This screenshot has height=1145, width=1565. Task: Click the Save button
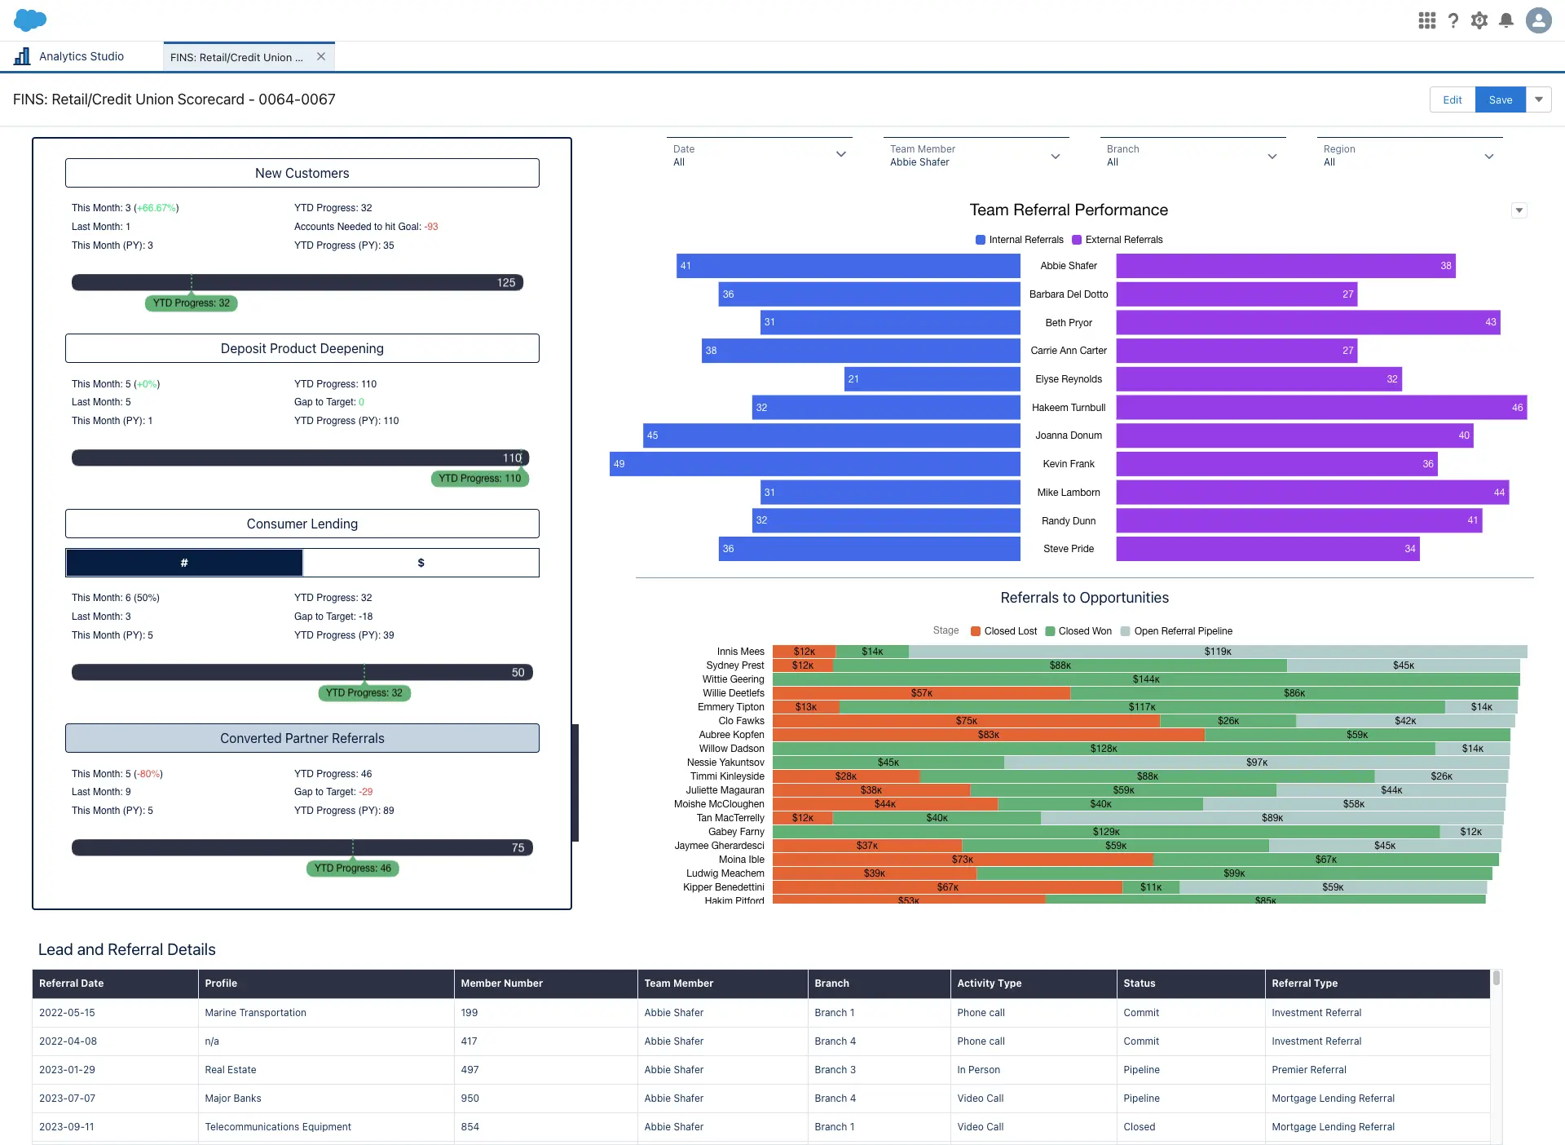(x=1500, y=99)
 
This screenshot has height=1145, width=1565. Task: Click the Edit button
(x=1452, y=99)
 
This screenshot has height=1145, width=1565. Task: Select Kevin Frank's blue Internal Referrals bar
(x=815, y=464)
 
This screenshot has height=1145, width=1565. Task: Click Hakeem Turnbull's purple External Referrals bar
(x=1320, y=408)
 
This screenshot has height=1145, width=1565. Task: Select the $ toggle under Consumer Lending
(x=421, y=563)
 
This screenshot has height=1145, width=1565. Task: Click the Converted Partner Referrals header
(x=302, y=738)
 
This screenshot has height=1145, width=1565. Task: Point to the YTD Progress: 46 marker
(x=352, y=869)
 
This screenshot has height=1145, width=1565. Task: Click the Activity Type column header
(x=989, y=984)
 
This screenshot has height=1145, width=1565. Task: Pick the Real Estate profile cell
(x=231, y=1070)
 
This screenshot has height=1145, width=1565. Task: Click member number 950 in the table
(x=470, y=1099)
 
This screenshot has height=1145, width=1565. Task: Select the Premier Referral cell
(x=1308, y=1070)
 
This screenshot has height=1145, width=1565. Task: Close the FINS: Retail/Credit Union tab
(x=321, y=56)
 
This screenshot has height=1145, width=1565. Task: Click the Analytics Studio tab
(x=81, y=56)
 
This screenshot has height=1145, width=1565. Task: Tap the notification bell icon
(x=1506, y=20)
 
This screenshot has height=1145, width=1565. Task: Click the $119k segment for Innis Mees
(x=1217, y=652)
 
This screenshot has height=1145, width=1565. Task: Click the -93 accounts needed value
(x=431, y=227)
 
